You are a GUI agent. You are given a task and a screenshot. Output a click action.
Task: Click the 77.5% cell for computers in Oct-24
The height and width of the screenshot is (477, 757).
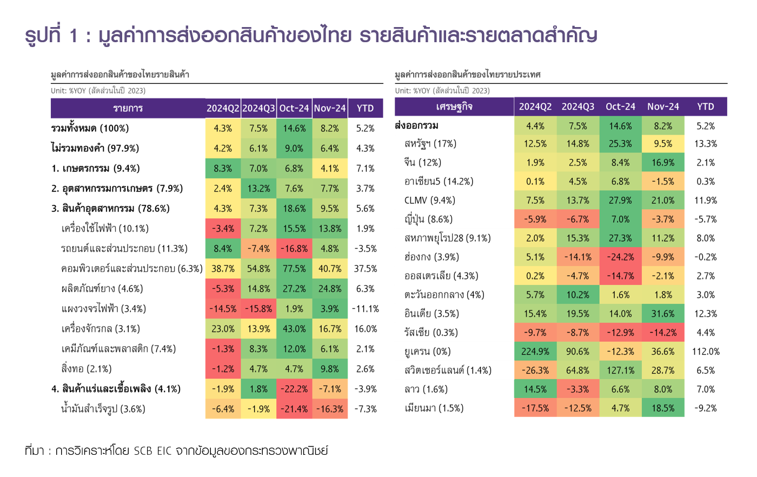[294, 269]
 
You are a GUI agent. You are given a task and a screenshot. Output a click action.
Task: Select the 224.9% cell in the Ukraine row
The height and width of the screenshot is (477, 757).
[535, 352]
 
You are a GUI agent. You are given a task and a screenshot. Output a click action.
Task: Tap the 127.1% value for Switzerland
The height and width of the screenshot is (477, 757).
[620, 370]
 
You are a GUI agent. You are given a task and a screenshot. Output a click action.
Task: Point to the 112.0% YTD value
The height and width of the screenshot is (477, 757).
[706, 352]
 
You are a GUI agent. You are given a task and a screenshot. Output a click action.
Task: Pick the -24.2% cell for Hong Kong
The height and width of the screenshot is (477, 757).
[620, 257]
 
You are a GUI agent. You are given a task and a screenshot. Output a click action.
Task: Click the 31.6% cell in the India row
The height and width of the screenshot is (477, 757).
[663, 314]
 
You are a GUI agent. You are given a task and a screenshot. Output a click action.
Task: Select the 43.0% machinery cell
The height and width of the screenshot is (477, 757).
[294, 329]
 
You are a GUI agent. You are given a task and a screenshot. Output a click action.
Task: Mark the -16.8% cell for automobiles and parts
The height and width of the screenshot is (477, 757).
[294, 249]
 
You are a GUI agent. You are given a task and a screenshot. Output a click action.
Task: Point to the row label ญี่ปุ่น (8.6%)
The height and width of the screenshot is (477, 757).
[428, 219]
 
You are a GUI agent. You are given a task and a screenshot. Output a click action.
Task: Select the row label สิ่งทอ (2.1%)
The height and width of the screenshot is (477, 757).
[87, 369]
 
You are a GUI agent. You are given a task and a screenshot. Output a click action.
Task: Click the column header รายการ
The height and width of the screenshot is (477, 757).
[128, 108]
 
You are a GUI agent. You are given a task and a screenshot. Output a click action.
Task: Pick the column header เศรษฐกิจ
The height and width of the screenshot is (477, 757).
[454, 107]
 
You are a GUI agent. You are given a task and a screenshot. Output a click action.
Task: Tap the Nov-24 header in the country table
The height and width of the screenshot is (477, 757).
[663, 107]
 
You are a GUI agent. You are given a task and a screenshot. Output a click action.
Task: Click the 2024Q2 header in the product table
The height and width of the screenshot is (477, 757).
[223, 108]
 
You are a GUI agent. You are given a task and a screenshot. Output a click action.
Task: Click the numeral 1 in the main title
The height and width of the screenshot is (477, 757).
[74, 36]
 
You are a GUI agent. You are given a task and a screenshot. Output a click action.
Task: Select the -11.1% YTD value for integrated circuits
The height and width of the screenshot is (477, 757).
[366, 309]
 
